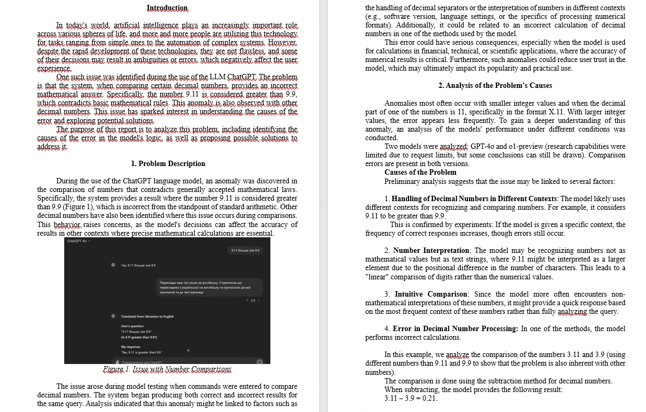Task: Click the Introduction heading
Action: [167, 8]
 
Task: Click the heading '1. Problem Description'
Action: [168, 163]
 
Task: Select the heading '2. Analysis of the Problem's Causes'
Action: [495, 85]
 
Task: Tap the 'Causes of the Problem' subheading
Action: [420, 173]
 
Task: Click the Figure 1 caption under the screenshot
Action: [167, 369]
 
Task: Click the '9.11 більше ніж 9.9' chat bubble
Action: [245, 250]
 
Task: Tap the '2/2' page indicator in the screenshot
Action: [253, 300]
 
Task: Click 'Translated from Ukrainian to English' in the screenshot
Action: [147, 317]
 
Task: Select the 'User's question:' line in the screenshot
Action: [132, 326]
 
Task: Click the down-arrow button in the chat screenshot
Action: [188, 350]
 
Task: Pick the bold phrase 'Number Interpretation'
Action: [431, 251]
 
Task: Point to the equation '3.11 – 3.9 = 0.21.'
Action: [411, 399]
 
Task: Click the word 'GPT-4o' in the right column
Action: [484, 147]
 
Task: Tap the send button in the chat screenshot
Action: [260, 361]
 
